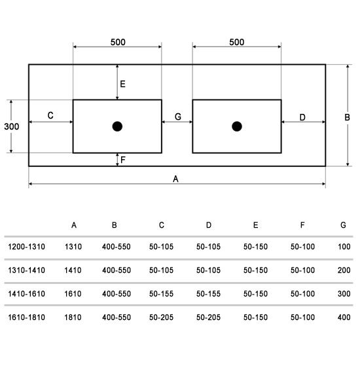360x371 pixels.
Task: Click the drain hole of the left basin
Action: point(117,126)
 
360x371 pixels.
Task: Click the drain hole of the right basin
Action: point(237,126)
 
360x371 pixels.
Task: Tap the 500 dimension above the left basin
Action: point(118,42)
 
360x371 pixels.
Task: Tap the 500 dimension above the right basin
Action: point(237,42)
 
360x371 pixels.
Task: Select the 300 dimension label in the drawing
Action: point(12,126)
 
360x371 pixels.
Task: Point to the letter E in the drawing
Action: point(122,84)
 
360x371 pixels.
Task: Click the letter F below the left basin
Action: point(122,160)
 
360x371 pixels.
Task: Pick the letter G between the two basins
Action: point(178,116)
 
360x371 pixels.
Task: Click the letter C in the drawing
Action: point(50,115)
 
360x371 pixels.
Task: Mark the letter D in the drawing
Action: point(302,117)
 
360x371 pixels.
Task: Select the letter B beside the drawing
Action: point(347,117)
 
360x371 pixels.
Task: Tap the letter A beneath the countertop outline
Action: point(175,179)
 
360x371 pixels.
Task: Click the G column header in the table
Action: point(343,225)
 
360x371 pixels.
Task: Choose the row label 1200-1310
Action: point(26,247)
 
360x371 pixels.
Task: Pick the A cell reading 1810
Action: point(73,317)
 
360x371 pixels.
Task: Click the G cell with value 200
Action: point(344,270)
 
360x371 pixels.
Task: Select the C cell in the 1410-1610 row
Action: point(161,294)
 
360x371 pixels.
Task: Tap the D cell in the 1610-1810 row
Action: point(208,317)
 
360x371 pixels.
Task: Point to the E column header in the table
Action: point(256,225)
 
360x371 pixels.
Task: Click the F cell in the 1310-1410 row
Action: point(302,270)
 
